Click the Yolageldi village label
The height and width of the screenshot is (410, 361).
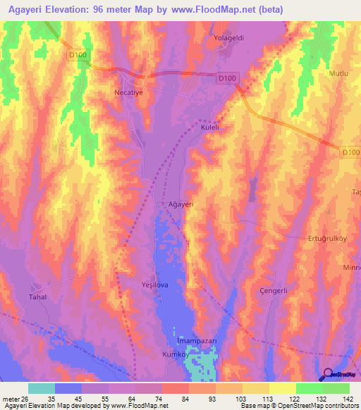click(228, 39)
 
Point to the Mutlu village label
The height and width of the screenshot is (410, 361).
click(339, 73)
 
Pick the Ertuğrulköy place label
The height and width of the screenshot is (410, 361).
click(328, 238)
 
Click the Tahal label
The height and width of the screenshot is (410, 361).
click(37, 297)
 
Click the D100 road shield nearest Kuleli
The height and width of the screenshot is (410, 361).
click(226, 78)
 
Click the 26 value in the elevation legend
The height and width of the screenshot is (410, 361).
click(27, 398)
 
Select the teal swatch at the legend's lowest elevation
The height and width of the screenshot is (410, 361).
click(42, 388)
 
